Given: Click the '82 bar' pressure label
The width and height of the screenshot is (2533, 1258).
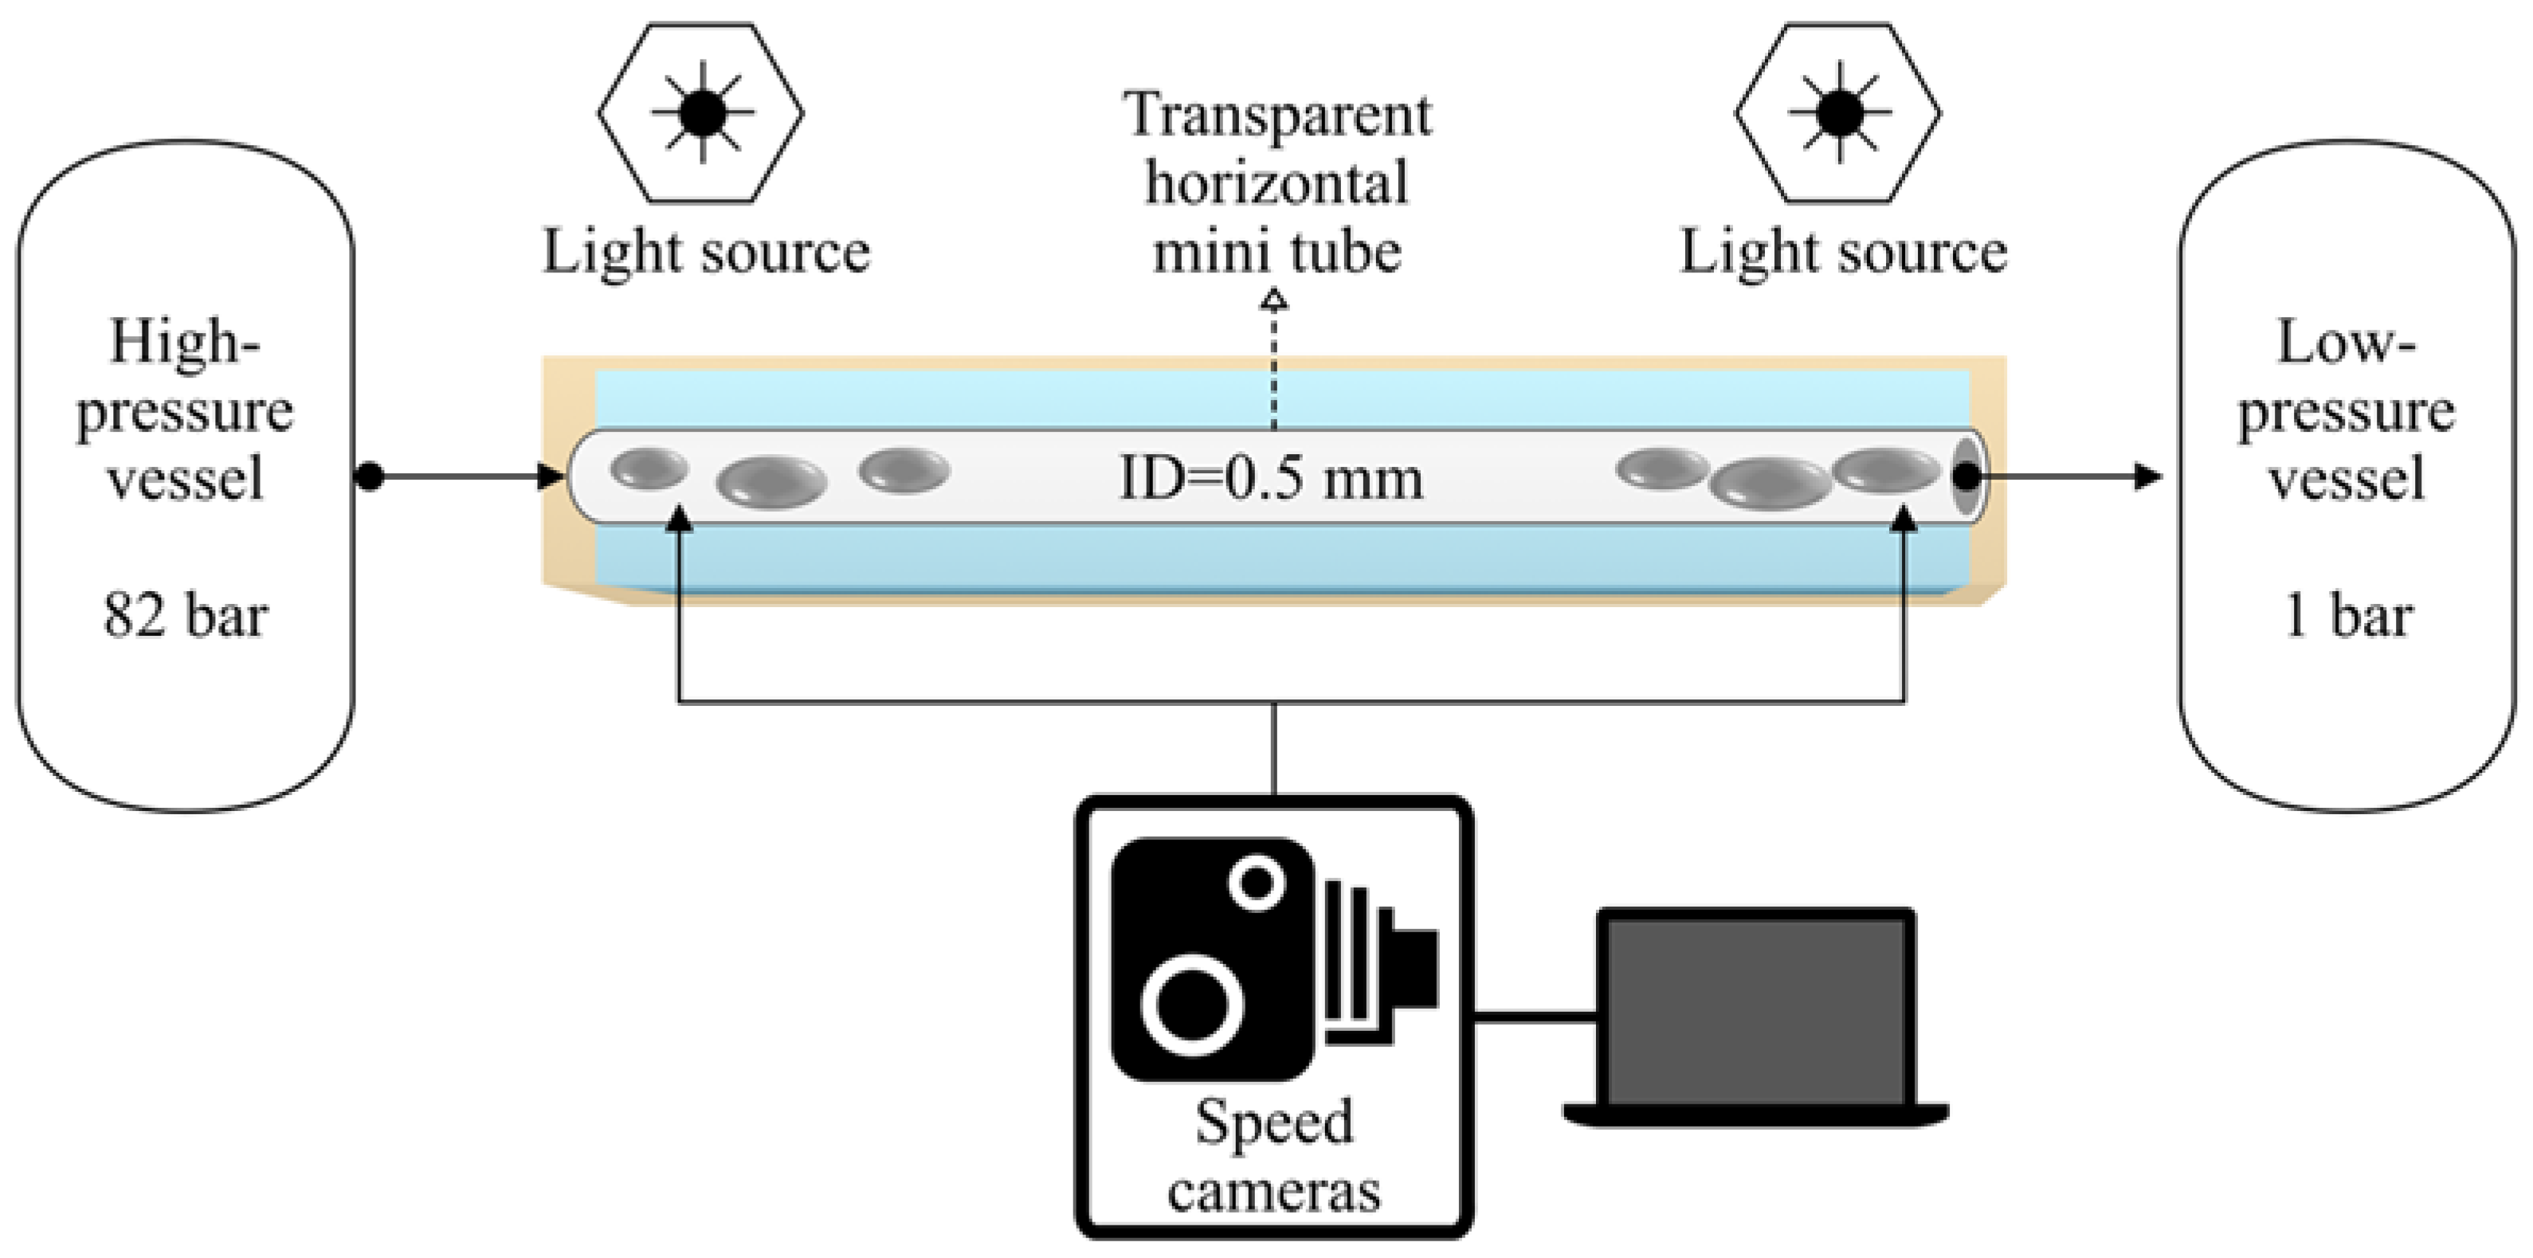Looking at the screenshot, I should (185, 617).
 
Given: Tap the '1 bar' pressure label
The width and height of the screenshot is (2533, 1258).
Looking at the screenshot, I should (2347, 617).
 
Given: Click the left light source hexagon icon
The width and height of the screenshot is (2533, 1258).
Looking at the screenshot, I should (701, 113).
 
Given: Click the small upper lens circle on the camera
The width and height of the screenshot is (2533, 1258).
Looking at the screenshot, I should (1257, 881).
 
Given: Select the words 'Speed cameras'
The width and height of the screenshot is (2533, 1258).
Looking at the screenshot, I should (1274, 1156).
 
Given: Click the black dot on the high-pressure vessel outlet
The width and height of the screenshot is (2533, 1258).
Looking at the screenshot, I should (369, 477).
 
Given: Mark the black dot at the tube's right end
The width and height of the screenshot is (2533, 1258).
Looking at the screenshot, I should (1965, 477).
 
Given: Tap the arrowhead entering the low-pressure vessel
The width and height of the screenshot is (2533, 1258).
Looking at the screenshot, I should (2148, 477).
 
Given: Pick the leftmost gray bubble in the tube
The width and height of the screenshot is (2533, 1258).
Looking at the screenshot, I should (649, 468).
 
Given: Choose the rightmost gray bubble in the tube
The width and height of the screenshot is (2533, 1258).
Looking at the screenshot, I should (1886, 469).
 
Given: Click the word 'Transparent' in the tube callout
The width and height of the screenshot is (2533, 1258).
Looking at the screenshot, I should (1277, 115).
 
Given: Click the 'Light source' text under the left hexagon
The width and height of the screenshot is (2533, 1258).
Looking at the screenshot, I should (706, 252).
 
